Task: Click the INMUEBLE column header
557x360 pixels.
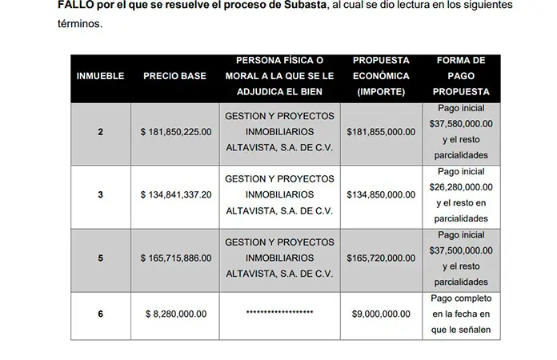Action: coord(100,76)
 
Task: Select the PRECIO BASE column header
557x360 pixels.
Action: coord(174,76)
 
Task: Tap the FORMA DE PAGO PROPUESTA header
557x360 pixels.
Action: coord(462,76)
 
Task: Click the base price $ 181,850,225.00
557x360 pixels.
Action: coord(175,131)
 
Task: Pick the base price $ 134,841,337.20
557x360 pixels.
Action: coord(175,194)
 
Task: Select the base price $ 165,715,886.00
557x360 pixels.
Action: coord(175,258)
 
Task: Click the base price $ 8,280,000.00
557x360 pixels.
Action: coord(175,314)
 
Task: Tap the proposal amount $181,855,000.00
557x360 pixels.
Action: coord(383,131)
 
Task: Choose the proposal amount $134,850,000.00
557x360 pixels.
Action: coord(383,194)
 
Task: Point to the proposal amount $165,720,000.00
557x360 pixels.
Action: coord(383,258)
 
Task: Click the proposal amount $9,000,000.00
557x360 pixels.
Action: coord(383,314)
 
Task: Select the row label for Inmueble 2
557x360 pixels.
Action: coord(100,131)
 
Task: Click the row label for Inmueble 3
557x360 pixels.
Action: coord(100,194)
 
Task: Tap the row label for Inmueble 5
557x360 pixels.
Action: coord(100,258)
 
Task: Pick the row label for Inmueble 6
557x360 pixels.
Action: coord(100,314)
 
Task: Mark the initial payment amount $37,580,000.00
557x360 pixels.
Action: coord(462,123)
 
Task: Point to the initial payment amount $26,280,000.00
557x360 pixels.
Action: coord(462,187)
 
